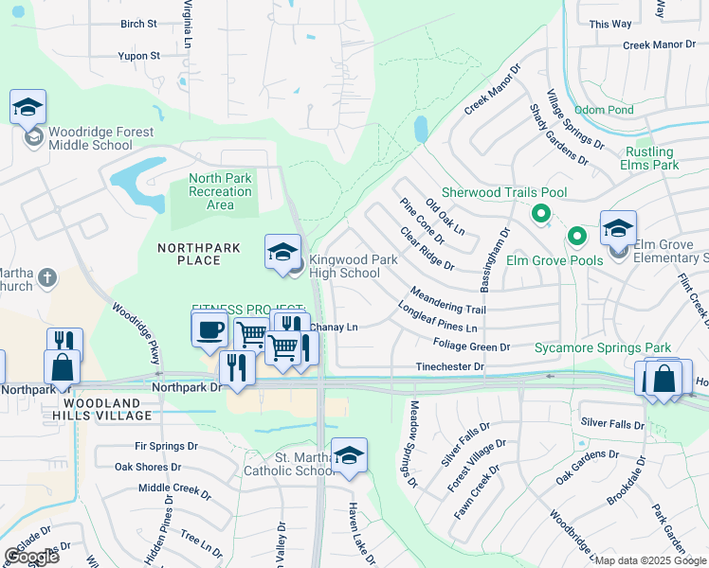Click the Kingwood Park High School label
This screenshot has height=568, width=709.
(345, 266)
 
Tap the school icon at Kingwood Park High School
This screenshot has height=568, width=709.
(282, 252)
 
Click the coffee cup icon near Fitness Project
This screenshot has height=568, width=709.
(209, 329)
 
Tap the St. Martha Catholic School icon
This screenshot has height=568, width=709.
(349, 455)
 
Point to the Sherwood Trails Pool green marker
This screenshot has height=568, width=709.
(541, 214)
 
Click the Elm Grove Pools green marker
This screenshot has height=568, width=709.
(575, 235)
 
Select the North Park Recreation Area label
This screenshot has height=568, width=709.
(221, 191)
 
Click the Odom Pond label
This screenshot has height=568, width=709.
(604, 110)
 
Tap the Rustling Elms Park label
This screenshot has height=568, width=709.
(650, 158)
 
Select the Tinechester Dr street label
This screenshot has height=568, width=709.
(449, 366)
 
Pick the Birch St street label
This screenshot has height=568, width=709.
(138, 24)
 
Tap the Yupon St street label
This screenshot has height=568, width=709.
(139, 56)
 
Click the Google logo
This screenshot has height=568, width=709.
(31, 557)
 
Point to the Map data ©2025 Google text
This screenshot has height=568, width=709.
(649, 560)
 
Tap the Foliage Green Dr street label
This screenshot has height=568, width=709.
(471, 346)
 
